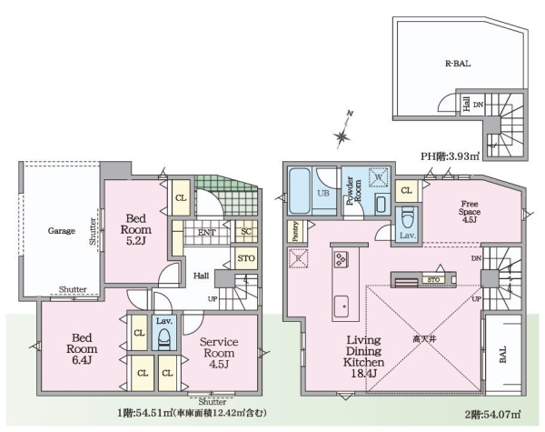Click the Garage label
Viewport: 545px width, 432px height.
tap(62, 231)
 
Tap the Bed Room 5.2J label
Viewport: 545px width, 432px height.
tap(136, 230)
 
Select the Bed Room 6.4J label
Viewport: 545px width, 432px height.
tap(82, 349)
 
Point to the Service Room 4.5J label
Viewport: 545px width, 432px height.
tap(219, 353)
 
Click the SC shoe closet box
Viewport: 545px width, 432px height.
tap(246, 232)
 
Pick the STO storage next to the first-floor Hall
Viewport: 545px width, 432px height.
tap(246, 258)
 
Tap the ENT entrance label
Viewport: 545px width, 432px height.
tap(206, 233)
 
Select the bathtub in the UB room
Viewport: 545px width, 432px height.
tap(300, 190)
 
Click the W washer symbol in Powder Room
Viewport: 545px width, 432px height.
tap(379, 177)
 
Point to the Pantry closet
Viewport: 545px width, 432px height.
tap(296, 231)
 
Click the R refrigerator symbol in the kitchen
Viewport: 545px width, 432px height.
tap(298, 258)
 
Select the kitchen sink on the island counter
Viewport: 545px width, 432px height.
tap(342, 306)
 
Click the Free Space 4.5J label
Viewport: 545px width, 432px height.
tap(470, 212)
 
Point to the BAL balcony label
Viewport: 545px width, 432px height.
tap(503, 355)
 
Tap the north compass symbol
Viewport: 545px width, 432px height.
tap(343, 131)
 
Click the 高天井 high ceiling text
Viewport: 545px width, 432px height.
tap(424, 338)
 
